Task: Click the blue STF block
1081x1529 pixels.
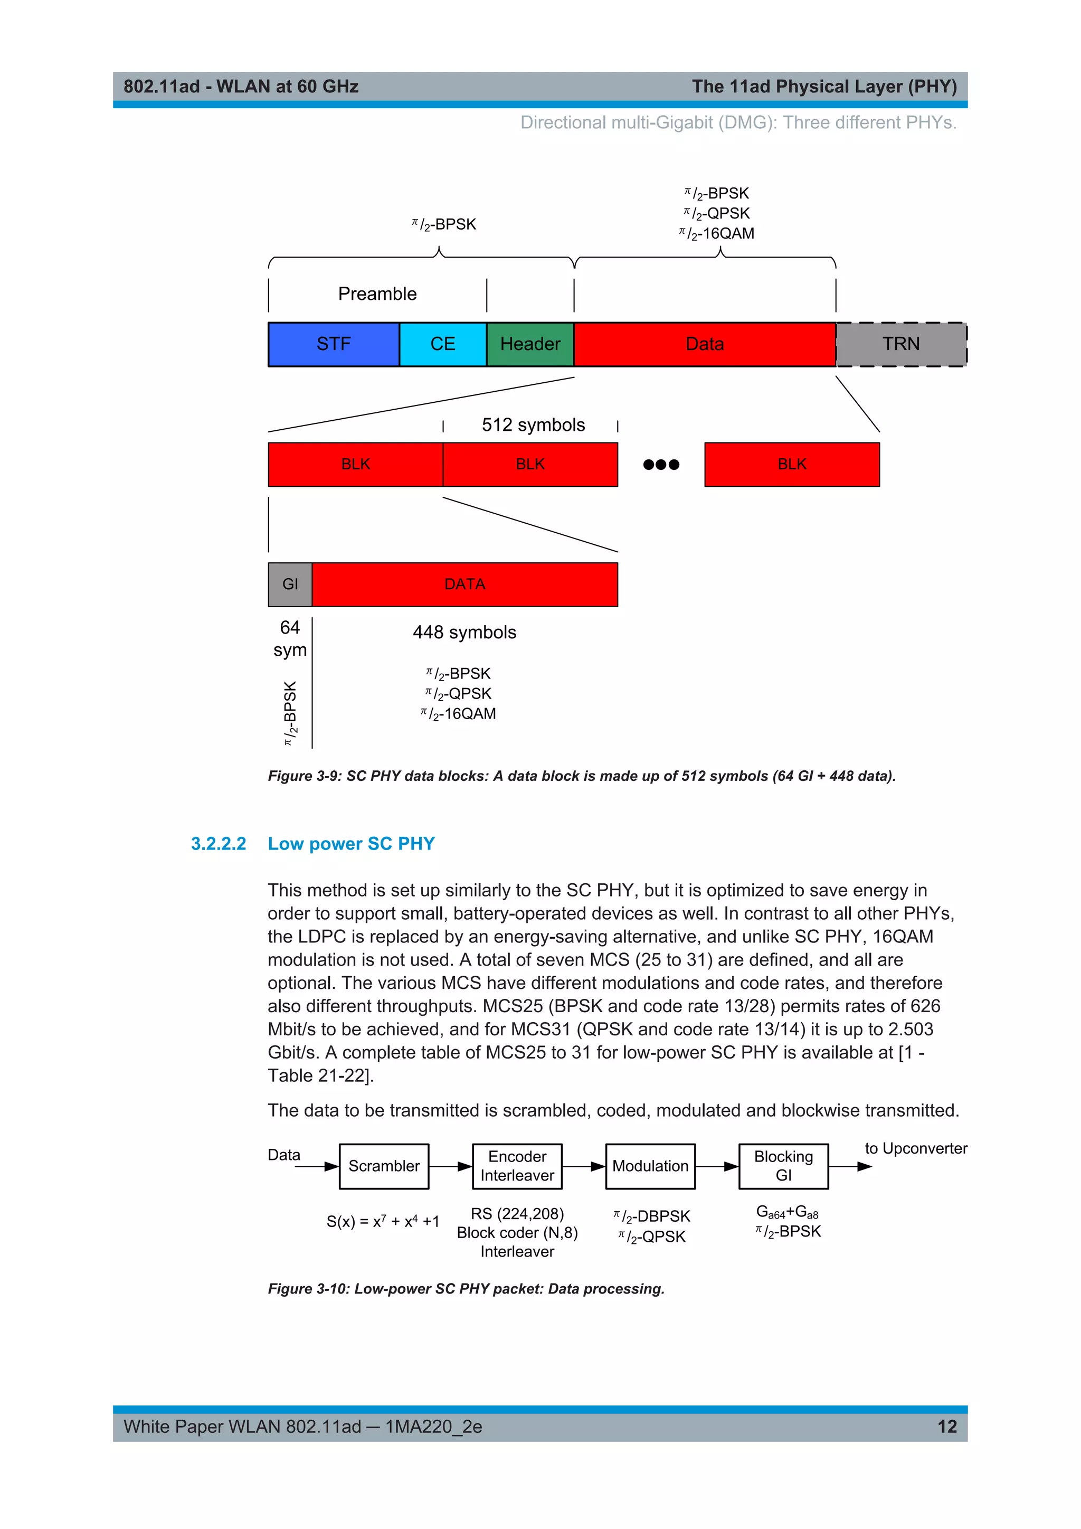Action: (334, 344)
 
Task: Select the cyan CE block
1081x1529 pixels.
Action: (443, 344)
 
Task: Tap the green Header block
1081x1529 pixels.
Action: (530, 344)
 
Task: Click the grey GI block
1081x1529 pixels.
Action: (290, 584)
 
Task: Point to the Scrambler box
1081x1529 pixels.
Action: (384, 1166)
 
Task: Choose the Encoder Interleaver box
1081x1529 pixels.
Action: (517, 1166)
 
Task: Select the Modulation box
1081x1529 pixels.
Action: (650, 1166)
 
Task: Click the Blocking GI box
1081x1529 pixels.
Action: (783, 1166)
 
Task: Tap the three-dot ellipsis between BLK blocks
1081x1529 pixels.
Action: (661, 465)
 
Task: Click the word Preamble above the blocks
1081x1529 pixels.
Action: (377, 294)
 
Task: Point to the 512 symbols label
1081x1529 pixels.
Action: (533, 425)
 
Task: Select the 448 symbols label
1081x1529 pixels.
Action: (464, 633)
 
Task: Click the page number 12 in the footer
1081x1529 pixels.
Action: (946, 1427)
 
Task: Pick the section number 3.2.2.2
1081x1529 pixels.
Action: (219, 844)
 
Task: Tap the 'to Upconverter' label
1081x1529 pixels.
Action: (916, 1149)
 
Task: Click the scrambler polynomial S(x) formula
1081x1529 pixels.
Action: (383, 1221)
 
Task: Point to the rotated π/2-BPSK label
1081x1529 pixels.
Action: (290, 713)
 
